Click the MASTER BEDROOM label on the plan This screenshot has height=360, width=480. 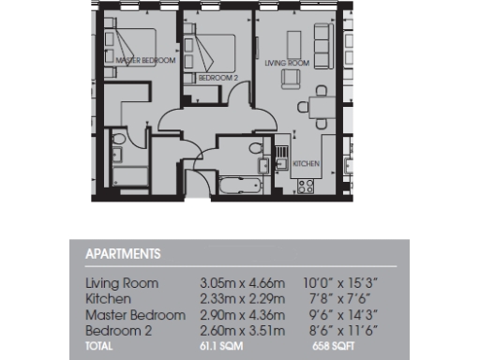pos(144,60)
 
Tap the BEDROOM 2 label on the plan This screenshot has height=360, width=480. pos(217,79)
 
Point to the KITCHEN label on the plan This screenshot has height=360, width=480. pos(306,164)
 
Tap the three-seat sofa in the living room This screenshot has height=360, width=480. pos(323,40)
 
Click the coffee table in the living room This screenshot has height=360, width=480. pos(294,42)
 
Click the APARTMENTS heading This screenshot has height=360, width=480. pos(122,254)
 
